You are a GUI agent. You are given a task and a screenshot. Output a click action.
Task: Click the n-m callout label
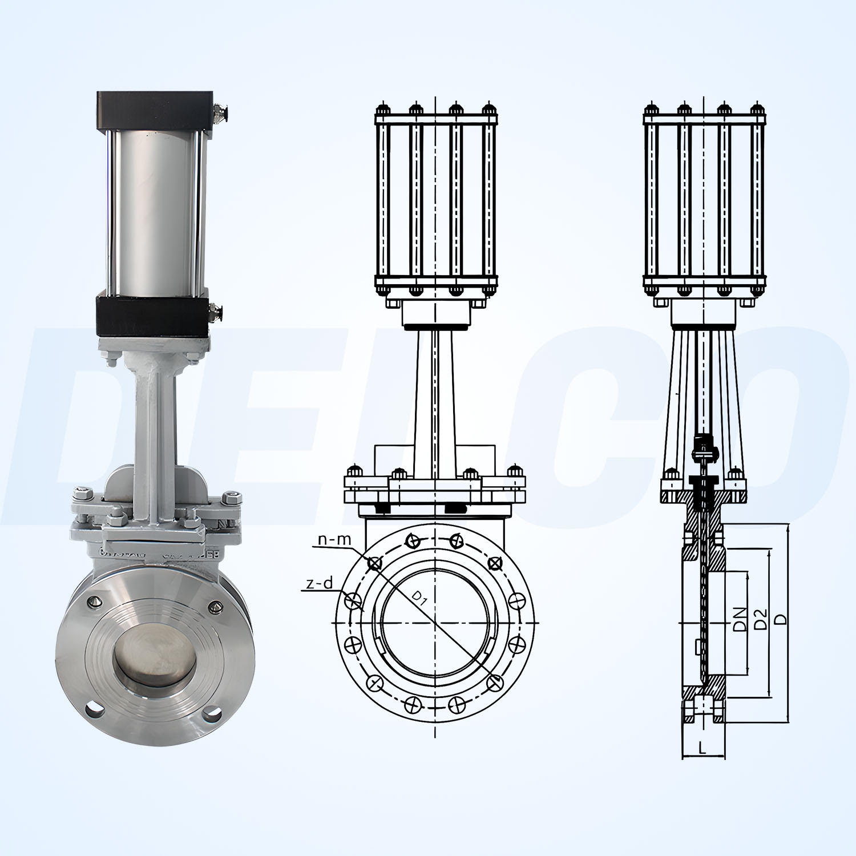click(x=335, y=539)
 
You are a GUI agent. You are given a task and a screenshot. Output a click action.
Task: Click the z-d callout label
click(x=319, y=583)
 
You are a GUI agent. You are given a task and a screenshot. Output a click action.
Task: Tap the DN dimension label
click(x=740, y=619)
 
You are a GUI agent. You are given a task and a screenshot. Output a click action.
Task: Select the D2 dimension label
click(x=760, y=619)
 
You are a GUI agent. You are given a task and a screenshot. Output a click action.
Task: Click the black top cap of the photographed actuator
click(x=154, y=110)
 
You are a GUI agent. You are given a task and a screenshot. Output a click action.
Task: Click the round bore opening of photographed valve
click(x=154, y=653)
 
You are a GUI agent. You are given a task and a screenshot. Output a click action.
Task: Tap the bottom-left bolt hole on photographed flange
click(x=95, y=709)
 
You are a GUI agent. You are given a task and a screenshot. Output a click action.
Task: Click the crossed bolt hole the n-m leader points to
click(x=374, y=564)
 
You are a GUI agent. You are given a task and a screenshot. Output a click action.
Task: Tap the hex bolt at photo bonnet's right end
click(x=231, y=498)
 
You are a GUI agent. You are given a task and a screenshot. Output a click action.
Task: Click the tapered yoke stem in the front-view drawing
click(x=435, y=399)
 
